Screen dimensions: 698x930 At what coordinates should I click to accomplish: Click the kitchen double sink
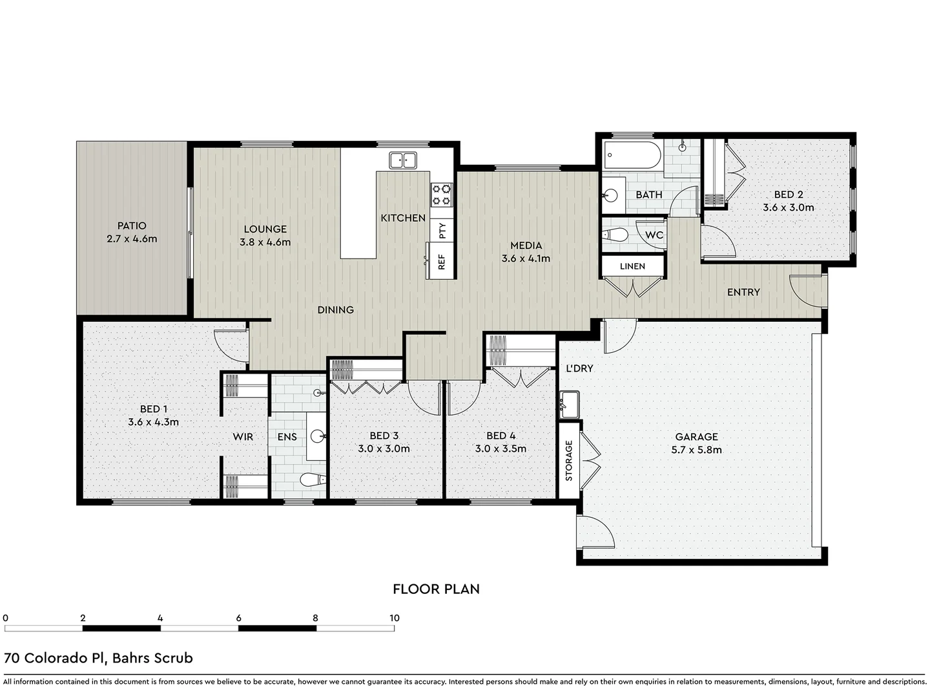[404, 160]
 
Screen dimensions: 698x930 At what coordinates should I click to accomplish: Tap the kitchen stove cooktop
[442, 195]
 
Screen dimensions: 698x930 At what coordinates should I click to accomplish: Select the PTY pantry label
[442, 230]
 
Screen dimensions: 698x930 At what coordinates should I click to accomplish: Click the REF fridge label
[442, 262]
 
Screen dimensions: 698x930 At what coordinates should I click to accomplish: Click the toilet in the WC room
[617, 235]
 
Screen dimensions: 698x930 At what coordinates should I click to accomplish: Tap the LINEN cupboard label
[632, 266]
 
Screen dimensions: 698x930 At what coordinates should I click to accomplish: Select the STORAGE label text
[569, 461]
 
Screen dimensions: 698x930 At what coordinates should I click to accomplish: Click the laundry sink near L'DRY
[569, 404]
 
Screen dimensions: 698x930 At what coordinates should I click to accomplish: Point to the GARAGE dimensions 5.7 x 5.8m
[696, 450]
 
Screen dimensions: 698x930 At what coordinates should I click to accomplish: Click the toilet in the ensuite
[314, 480]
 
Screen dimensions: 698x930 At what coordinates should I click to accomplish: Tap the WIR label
[243, 437]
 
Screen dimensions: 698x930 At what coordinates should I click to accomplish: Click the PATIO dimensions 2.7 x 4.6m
[132, 239]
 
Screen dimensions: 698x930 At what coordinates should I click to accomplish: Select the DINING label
[335, 310]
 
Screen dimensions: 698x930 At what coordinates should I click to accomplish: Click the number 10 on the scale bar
[394, 618]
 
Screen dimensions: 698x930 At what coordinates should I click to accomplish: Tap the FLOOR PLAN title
[436, 589]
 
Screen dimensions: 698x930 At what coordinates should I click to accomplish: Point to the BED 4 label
[501, 436]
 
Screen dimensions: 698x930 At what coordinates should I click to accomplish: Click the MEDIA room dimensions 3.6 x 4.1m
[526, 259]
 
